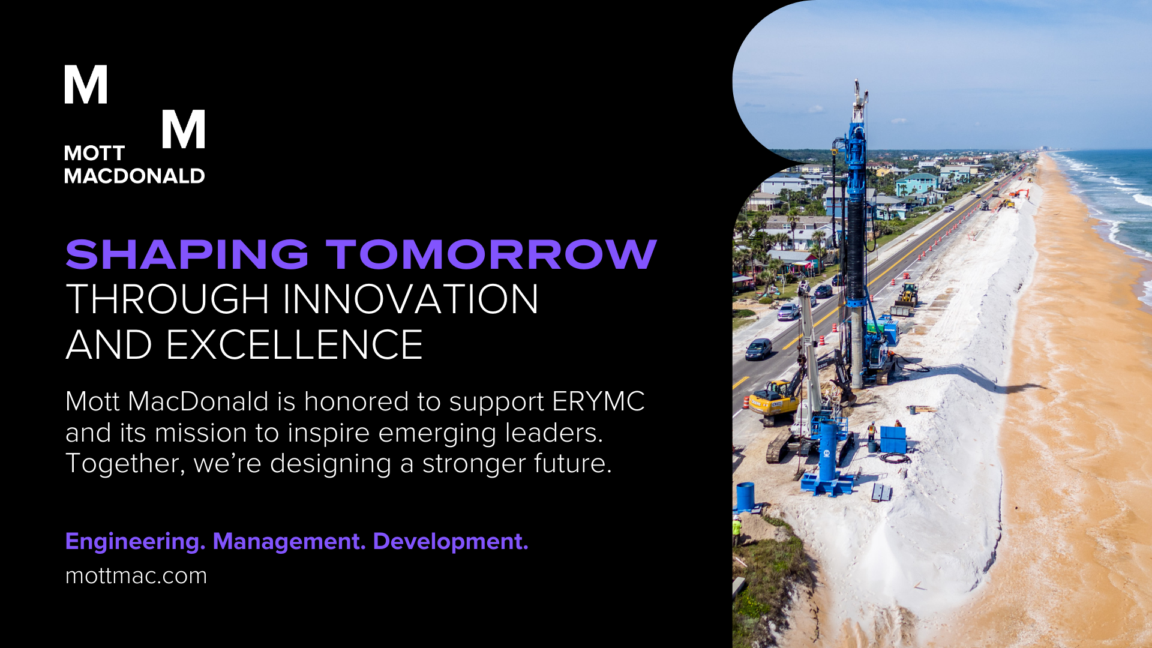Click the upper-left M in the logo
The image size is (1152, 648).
click(x=86, y=84)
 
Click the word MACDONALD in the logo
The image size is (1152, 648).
click(x=134, y=176)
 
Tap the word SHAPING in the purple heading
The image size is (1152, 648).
click(x=187, y=254)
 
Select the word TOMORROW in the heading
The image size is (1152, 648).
click(x=491, y=254)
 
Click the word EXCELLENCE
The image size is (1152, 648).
click(x=294, y=345)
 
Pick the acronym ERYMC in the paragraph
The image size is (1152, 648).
click(x=598, y=401)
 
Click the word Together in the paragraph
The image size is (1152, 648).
click(x=125, y=464)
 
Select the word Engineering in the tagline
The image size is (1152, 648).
click(x=135, y=542)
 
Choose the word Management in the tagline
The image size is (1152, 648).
click(x=289, y=541)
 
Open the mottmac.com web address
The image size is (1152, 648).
click(x=136, y=576)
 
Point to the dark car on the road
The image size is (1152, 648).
click(x=758, y=349)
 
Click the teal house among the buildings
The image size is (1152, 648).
click(x=916, y=184)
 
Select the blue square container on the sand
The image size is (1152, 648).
click(x=893, y=439)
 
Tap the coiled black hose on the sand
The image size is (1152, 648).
click(x=894, y=458)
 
